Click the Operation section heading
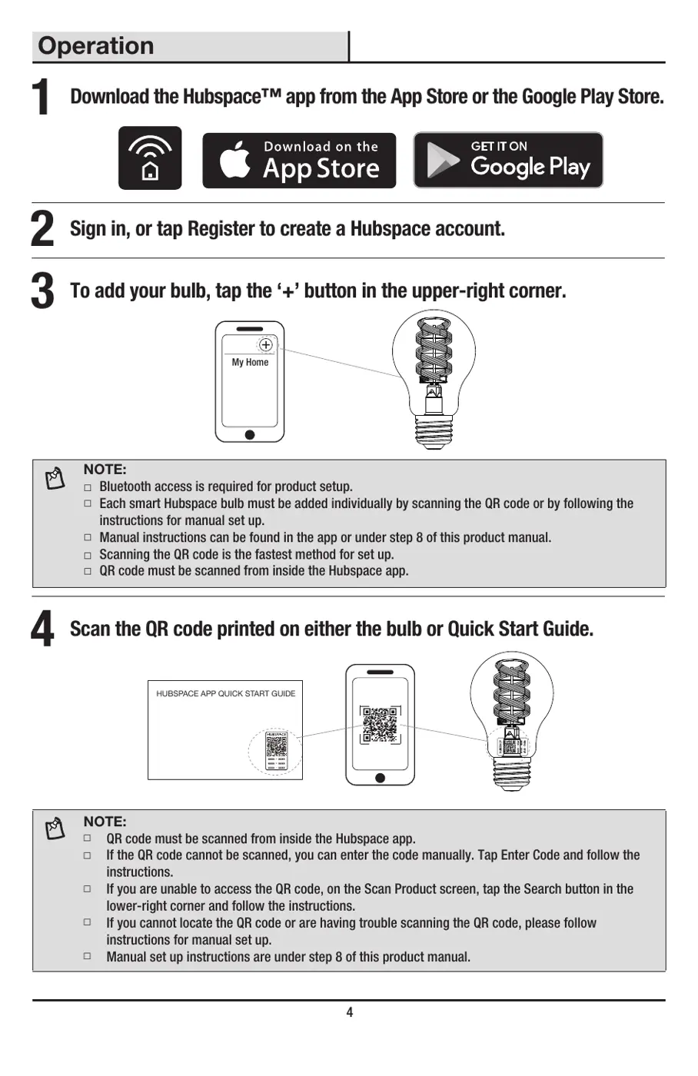[96, 46]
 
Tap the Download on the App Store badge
[299, 161]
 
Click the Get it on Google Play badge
[508, 160]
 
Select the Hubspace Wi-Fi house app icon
[150, 158]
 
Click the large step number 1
[42, 98]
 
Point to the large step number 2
[42, 230]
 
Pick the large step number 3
[42, 292]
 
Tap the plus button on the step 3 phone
[265, 345]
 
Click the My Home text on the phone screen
[250, 362]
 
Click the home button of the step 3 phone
[250, 435]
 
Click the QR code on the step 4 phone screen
[380, 725]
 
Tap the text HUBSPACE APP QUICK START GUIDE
[225, 693]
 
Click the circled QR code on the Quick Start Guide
[276, 751]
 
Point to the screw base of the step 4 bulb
[511, 772]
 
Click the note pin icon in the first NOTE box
[55, 479]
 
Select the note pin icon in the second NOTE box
[55, 829]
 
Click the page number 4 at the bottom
[349, 1012]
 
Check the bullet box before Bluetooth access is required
[88, 487]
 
